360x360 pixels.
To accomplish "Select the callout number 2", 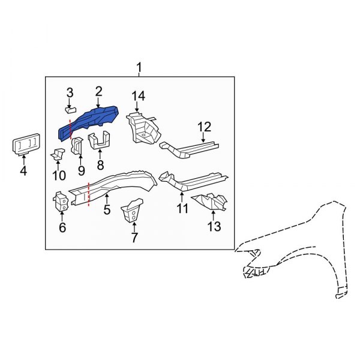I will pos(98,91).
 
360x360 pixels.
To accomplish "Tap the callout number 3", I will pos(70,92).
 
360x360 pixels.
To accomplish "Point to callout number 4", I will pos(23,171).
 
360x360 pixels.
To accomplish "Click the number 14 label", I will pos(139,96).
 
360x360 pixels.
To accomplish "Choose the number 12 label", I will pos(205,127).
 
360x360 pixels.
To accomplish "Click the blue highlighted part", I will pos(90,120).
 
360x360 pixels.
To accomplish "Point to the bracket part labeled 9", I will pos(77,146).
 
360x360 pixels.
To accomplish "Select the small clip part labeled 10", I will pos(58,154).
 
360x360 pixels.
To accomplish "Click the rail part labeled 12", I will pos(189,146).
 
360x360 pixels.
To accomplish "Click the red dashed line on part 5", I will pos(89,194).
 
